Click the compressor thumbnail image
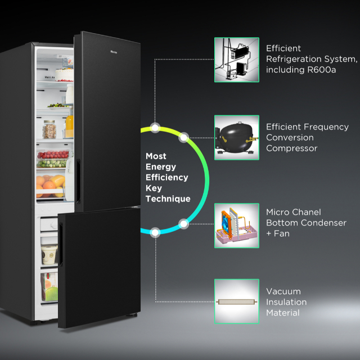[x=236, y=137]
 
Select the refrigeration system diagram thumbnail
[x=236, y=60]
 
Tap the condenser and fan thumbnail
[x=236, y=226]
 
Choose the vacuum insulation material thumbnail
[x=236, y=301]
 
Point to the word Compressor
[x=292, y=148]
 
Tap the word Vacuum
[x=283, y=291]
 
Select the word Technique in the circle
[x=168, y=199]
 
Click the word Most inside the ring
[x=156, y=156]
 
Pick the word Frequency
[x=326, y=127]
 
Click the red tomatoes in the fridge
[x=52, y=155]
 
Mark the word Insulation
[x=286, y=302]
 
